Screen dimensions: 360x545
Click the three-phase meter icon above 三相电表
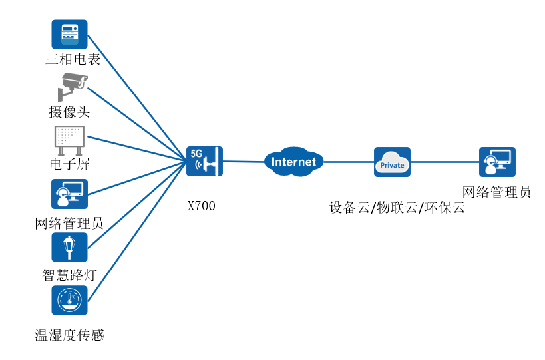coord(69,34)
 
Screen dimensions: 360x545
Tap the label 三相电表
coord(73,59)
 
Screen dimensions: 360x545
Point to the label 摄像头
coord(69,112)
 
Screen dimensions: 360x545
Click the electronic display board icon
coord(69,139)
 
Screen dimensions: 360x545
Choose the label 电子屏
coord(69,164)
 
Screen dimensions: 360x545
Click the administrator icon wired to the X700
coord(69,194)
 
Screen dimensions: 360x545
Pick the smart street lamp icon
coord(69,247)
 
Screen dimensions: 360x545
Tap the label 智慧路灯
coord(69,275)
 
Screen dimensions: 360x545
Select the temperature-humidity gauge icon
coord(69,300)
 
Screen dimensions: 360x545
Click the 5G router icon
coord(204,161)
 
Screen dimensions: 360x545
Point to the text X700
coord(201,206)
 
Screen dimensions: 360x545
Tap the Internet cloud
coord(294,162)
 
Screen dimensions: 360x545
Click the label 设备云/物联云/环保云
coord(397,207)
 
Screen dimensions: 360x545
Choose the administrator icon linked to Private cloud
coord(497,162)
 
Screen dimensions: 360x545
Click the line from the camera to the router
coord(136,124)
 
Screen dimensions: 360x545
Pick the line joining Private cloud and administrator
coord(445,162)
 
